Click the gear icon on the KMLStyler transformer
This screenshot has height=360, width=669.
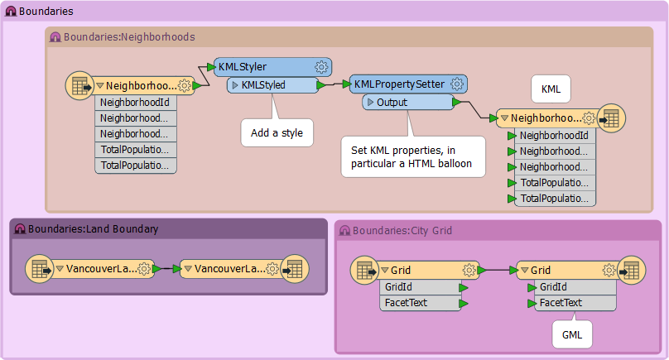pos(321,67)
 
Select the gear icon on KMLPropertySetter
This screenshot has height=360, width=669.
pos(457,84)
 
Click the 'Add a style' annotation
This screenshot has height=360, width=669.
pos(277,133)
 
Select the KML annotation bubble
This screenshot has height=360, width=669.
pos(551,89)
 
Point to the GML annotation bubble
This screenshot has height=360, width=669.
pos(572,335)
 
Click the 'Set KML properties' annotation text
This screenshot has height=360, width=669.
pos(412,157)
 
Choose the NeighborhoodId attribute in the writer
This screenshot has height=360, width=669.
pos(555,136)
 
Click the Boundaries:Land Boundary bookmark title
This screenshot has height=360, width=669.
pos(93,229)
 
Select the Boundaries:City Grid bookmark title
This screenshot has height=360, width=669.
pos(402,231)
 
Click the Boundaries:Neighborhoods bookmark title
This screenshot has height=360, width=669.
pos(129,37)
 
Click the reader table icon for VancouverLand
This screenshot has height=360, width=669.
pos(40,269)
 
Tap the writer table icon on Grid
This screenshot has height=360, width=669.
pos(632,271)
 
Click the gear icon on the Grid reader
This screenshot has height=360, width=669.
pos(469,270)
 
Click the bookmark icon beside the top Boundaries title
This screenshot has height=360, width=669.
pos(11,12)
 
